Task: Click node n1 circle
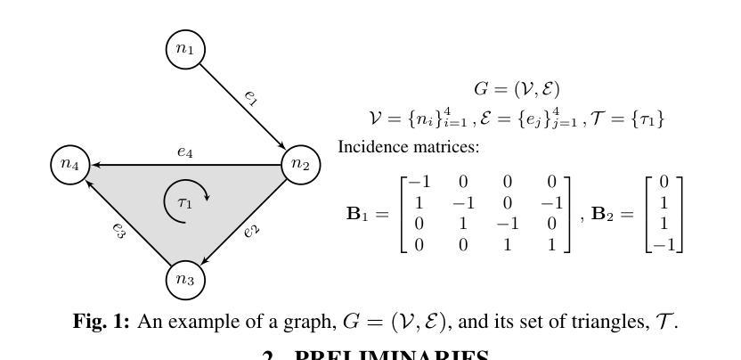pos(185,50)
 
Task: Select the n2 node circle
pos(301,164)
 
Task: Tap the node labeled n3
pos(185,279)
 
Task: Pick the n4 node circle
pos(70,164)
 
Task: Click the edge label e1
pos(251,97)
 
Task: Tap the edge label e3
pos(118,231)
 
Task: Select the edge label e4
pos(184,152)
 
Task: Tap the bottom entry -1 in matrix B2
pos(664,242)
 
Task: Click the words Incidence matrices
pos(409,146)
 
